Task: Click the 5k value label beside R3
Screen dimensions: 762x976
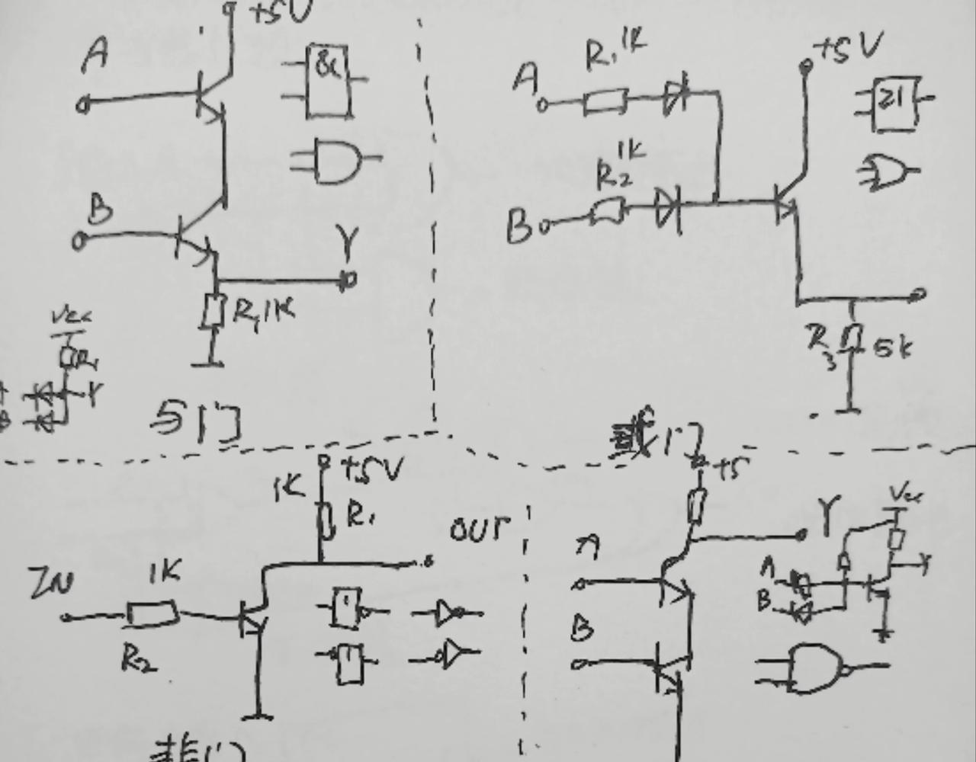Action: click(x=894, y=348)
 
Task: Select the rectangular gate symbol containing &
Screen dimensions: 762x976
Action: click(x=329, y=82)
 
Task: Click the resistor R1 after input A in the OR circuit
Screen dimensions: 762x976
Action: click(x=605, y=101)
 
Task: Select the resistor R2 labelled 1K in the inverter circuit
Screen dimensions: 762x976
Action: click(x=152, y=613)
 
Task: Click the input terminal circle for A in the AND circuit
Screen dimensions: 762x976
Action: click(x=83, y=105)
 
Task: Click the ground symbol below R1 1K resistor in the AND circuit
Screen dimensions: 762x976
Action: click(x=208, y=362)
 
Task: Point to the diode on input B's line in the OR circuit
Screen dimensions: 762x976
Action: click(x=669, y=206)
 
